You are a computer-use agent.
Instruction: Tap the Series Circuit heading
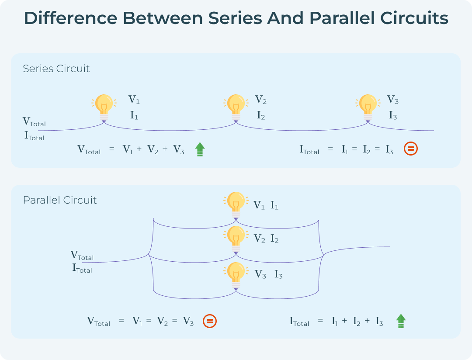click(x=56, y=69)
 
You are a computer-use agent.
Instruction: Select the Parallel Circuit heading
click(x=60, y=200)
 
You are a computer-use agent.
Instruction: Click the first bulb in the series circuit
click(x=104, y=107)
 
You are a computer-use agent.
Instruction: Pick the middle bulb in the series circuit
click(x=236, y=107)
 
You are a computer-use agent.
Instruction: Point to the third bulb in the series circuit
click(x=368, y=107)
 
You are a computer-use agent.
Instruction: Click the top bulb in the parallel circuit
click(x=236, y=204)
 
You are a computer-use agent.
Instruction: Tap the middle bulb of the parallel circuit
click(x=236, y=238)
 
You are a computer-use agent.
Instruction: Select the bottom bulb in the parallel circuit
click(x=236, y=274)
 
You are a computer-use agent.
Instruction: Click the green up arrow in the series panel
click(x=200, y=149)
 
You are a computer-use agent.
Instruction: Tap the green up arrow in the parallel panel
click(x=401, y=321)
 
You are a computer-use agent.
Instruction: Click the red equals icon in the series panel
click(x=411, y=149)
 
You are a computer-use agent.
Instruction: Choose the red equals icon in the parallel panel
click(x=210, y=322)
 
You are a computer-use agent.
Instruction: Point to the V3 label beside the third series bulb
click(x=393, y=100)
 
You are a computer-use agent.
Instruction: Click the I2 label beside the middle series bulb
click(x=261, y=116)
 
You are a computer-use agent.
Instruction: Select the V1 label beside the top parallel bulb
click(x=259, y=205)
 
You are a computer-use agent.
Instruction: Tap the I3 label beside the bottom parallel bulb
click(x=278, y=275)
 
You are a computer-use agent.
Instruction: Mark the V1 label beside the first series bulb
click(x=134, y=100)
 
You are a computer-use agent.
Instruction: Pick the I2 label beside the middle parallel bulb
click(x=274, y=239)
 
